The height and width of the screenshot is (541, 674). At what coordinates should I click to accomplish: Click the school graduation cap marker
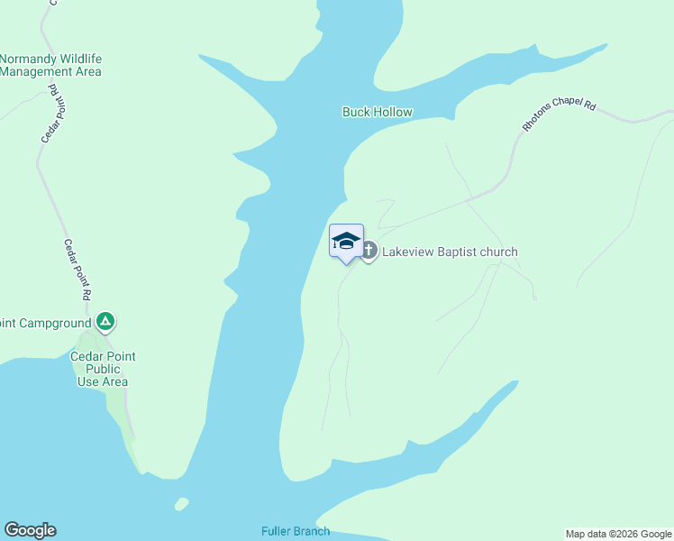(346, 242)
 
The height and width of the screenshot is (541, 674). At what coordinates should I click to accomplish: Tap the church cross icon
(369, 252)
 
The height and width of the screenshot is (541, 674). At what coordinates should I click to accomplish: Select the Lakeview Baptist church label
(450, 252)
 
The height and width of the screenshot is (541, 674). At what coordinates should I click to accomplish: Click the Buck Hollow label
(377, 112)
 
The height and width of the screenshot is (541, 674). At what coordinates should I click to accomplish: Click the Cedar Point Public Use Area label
(103, 369)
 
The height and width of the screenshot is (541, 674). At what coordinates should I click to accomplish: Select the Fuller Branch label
(295, 531)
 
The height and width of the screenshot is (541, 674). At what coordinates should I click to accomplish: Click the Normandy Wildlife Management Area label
(50, 65)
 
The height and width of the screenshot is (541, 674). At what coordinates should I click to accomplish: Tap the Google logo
(30, 530)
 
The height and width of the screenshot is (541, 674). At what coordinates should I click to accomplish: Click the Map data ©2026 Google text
(618, 534)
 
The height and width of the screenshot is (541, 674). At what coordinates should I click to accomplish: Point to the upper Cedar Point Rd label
(49, 114)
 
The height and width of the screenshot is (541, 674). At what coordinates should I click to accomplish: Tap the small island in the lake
(182, 503)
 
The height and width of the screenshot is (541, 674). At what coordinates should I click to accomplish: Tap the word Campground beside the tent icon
(56, 322)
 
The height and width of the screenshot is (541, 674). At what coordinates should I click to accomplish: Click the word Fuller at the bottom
(276, 531)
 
